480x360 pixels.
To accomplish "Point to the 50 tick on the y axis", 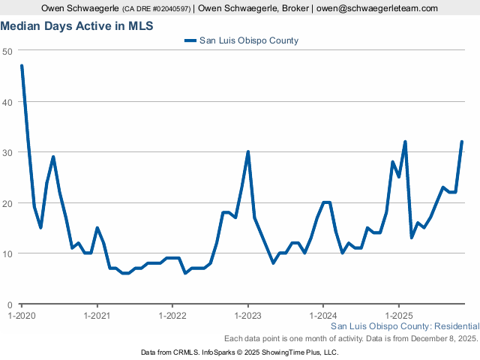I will [7, 51].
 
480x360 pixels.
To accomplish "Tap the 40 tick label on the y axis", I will [7, 102].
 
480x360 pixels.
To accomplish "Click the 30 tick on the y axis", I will [7, 152].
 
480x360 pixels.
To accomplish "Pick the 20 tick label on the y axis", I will [7, 203].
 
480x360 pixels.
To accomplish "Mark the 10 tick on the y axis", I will [7, 253].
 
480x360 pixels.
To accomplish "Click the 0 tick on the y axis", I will [9, 304].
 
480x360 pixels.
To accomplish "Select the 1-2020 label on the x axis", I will [22, 316].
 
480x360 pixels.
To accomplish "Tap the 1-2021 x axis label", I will [97, 316].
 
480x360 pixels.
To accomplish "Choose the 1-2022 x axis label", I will [172, 316].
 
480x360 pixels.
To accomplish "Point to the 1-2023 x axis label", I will [247, 316].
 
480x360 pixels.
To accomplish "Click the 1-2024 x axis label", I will [322, 316].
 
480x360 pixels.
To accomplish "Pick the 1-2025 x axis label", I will [398, 316].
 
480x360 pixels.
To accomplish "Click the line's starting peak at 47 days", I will [22, 66].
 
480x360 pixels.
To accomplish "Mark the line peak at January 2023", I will [247, 152].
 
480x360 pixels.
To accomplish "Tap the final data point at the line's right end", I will [461, 142].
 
